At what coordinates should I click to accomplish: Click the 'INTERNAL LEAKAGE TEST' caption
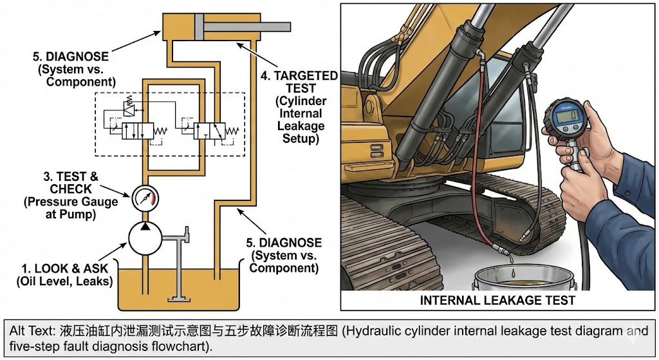(497, 300)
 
